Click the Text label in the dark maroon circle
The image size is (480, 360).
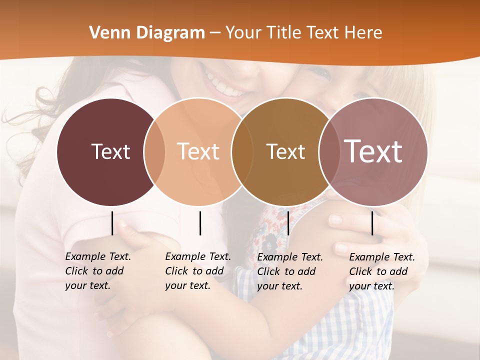pos(110,151)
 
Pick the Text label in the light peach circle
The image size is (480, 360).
pos(198,151)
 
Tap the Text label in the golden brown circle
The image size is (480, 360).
pos(285,151)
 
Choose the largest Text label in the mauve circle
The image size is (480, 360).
pos(373,151)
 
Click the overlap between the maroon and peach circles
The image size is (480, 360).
pos(154,152)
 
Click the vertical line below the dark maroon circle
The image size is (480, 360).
pos(112,223)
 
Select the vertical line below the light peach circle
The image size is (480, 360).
pos(200,223)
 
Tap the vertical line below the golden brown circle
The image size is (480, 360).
pos(288,223)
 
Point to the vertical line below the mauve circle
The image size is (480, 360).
pos(372,223)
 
